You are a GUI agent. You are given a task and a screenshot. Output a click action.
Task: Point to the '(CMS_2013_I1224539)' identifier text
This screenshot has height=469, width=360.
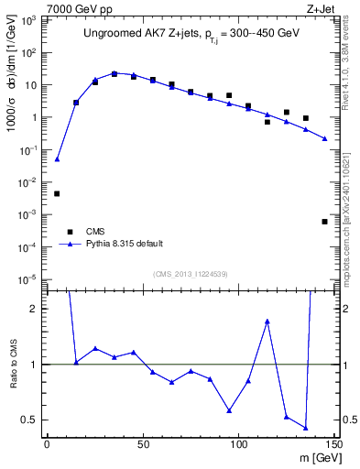coord(191,273)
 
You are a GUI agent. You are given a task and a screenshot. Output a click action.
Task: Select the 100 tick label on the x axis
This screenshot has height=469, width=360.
coord(238,443)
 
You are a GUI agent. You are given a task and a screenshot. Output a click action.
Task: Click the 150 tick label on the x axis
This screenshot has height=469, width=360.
coord(333,443)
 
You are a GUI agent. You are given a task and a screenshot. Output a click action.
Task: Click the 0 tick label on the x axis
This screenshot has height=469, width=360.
coord(47,443)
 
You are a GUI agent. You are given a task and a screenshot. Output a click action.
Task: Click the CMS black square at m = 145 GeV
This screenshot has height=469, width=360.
coord(325,222)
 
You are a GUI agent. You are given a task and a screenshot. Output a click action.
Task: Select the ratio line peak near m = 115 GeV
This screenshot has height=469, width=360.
coord(267,321)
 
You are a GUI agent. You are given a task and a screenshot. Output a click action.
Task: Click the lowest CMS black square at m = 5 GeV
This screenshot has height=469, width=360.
coord(57,193)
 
